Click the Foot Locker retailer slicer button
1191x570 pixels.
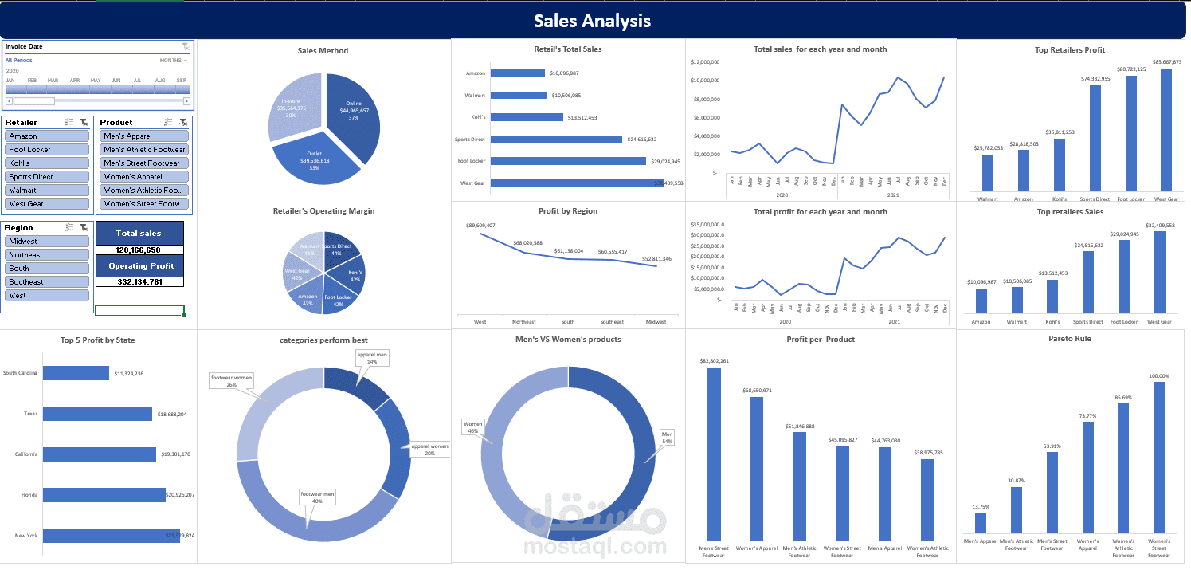pyautogui.click(x=47, y=149)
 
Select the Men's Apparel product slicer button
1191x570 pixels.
pyautogui.click(x=144, y=136)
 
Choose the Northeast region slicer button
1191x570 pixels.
pyautogui.click(x=47, y=255)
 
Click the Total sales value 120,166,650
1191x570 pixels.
pyautogui.click(x=139, y=250)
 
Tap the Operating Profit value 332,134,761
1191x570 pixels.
pyautogui.click(x=139, y=281)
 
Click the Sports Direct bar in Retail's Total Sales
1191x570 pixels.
pyautogui.click(x=556, y=139)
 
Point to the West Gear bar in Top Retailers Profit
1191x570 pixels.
pyautogui.click(x=1166, y=130)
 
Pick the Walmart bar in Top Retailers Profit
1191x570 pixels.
pyautogui.click(x=987, y=172)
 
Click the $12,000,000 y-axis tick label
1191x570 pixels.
pyautogui.click(x=706, y=61)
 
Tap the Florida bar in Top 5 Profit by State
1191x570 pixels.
pyautogui.click(x=104, y=495)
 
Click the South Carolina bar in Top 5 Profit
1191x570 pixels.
pyautogui.click(x=76, y=373)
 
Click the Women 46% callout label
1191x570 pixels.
pyautogui.click(x=473, y=427)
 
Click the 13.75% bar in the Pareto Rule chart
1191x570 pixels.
pyautogui.click(x=980, y=523)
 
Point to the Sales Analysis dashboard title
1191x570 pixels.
pyautogui.click(x=592, y=21)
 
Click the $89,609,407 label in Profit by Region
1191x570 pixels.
pyautogui.click(x=480, y=225)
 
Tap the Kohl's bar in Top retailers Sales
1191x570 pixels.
pyautogui.click(x=1052, y=297)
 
